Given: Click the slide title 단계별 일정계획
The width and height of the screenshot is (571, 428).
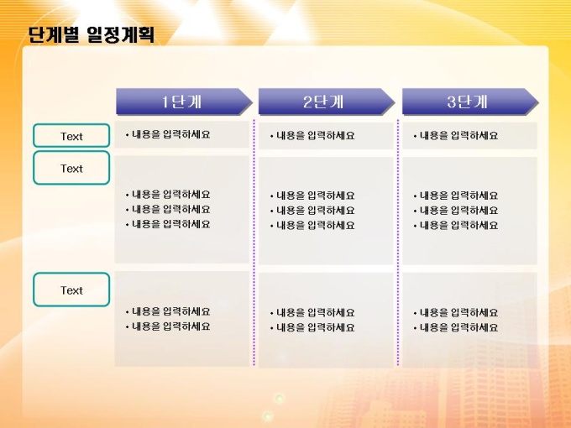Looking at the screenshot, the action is (x=92, y=35).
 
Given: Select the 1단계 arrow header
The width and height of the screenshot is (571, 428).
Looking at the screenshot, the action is (x=184, y=102).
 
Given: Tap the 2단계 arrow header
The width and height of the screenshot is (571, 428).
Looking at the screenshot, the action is (x=327, y=102).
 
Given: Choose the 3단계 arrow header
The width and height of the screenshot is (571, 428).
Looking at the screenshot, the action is (x=470, y=102).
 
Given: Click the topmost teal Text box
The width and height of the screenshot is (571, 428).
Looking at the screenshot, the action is (x=71, y=136).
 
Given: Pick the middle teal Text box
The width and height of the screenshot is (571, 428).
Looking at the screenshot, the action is (x=71, y=168).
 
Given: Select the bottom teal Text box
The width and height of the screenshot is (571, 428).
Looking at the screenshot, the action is (x=71, y=290).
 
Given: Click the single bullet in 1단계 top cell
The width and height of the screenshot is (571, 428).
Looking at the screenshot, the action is (x=168, y=134).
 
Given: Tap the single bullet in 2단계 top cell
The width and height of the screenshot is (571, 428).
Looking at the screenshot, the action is (x=312, y=136).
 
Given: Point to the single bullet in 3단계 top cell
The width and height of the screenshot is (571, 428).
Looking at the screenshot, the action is (x=456, y=136).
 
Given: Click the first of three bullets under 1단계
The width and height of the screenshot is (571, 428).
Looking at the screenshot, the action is (x=168, y=195).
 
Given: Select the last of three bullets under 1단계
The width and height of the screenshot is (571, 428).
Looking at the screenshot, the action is (x=168, y=224).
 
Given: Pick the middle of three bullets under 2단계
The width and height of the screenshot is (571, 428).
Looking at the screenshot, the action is (x=312, y=211).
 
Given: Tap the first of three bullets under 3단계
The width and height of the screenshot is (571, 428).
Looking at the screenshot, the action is (x=456, y=196).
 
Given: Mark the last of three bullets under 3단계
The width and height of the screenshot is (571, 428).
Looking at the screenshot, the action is (x=456, y=225).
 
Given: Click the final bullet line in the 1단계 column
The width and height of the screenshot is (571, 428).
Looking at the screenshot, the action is (x=168, y=326).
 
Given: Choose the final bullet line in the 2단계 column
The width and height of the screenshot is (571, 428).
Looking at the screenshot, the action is (x=312, y=327).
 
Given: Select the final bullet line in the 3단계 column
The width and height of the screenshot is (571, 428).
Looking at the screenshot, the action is (x=456, y=327).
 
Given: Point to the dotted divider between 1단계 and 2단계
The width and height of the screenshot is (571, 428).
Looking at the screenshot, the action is (x=254, y=242).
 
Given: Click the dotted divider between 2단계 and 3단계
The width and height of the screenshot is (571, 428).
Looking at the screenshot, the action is (x=398, y=242).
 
